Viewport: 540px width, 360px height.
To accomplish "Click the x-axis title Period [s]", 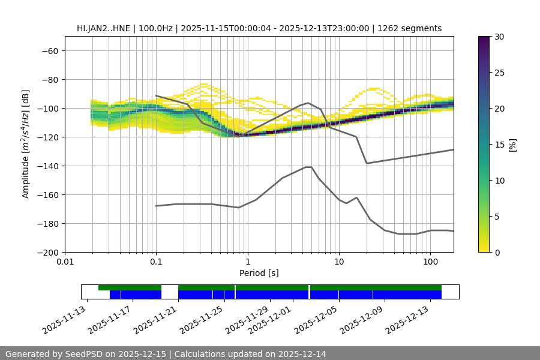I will pos(259,273).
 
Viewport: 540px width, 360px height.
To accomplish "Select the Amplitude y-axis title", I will pos(26,144).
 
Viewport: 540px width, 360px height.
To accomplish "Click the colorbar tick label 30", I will pos(499,37).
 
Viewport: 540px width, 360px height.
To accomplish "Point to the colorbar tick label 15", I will pos(499,145).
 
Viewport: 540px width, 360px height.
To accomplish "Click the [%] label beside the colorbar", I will pos(512,145).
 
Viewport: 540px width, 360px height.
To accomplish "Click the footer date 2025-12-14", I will pos(304,354).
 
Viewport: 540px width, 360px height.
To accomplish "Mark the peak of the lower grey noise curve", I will pos(308,167).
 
